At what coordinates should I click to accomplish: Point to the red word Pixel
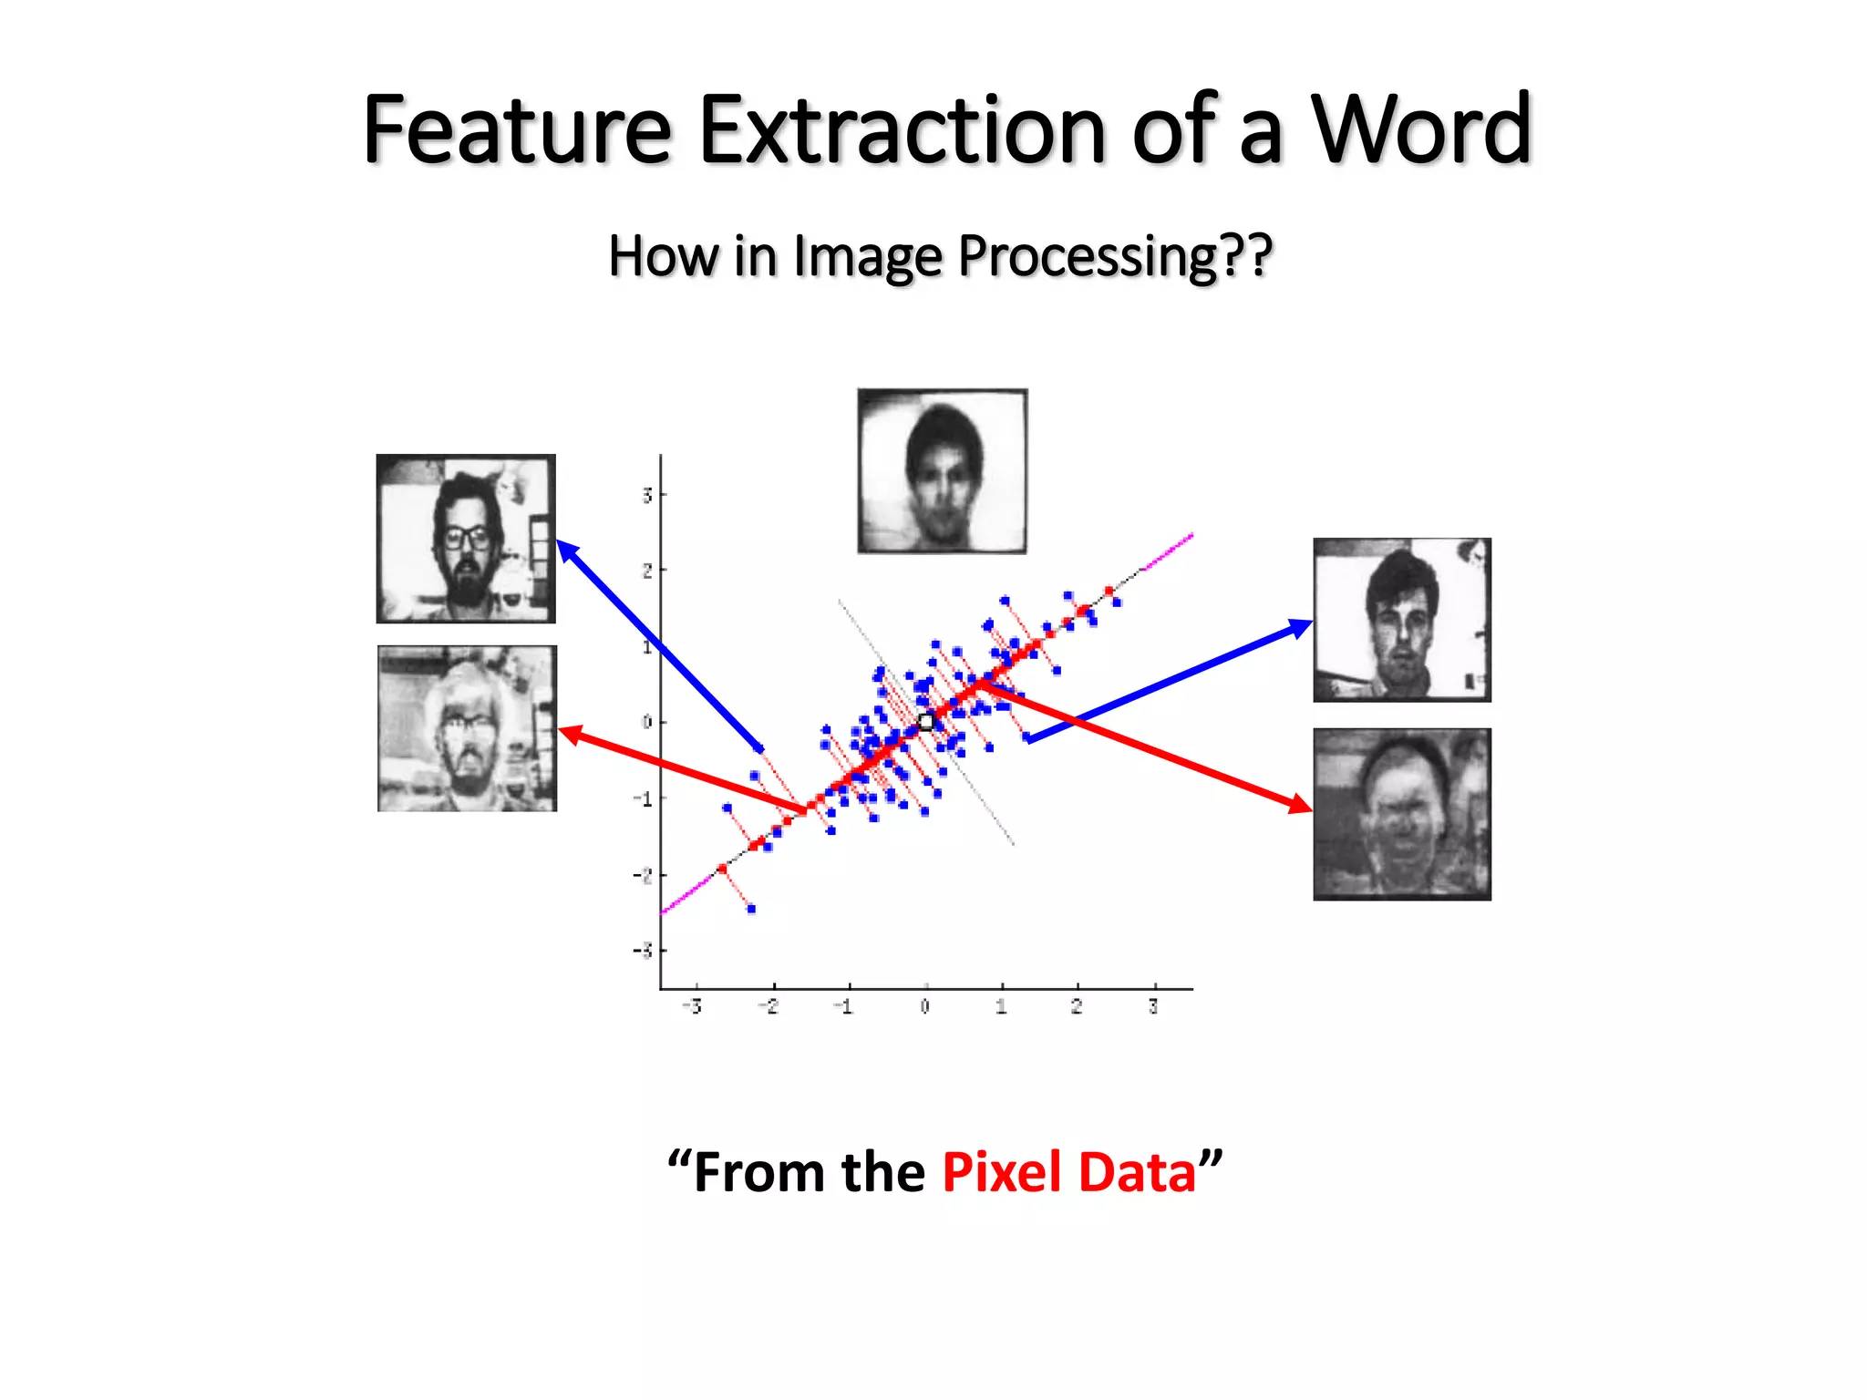tap(1002, 1172)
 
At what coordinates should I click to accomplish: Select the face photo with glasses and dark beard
tap(466, 539)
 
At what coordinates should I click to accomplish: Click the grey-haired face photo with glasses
tap(467, 728)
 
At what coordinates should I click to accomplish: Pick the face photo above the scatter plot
tap(943, 471)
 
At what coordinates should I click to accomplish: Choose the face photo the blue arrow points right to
tap(1402, 620)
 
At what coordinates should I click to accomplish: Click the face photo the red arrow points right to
tap(1402, 814)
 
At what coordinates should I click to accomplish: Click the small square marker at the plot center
tap(925, 723)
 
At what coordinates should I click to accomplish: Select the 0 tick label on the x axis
tap(925, 1007)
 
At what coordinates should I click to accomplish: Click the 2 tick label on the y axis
tap(647, 571)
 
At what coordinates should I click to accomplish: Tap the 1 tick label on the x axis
tap(1001, 1007)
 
